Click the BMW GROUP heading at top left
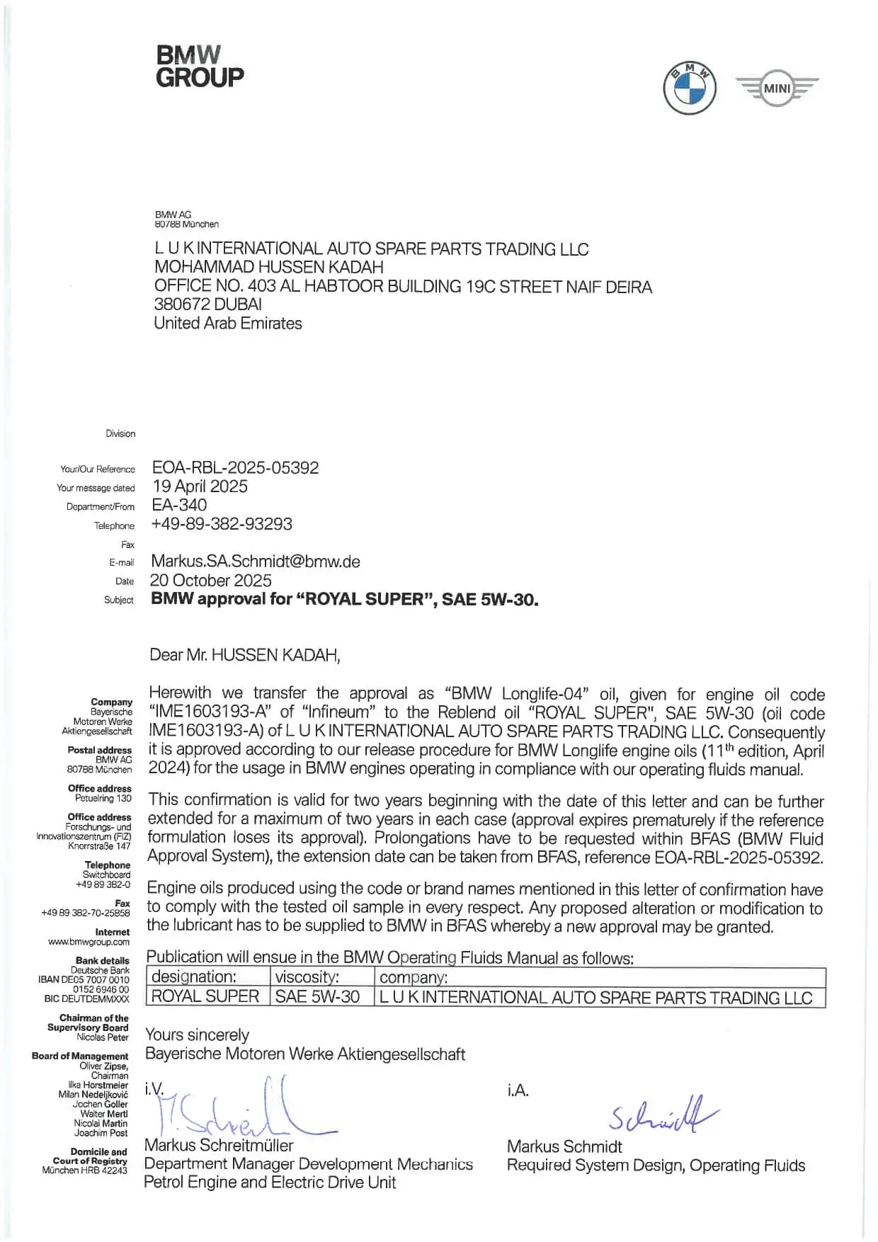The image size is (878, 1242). pos(200,67)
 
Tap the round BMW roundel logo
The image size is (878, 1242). pos(689,89)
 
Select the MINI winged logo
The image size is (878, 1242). pos(777,89)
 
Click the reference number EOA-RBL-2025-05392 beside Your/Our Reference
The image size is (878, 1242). pos(236,468)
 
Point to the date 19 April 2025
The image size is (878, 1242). pos(200,486)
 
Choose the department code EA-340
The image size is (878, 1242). pos(179,506)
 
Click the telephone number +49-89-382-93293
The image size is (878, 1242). pos(222,524)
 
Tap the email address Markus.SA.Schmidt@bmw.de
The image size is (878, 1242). pos(256,562)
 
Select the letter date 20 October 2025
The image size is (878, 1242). pos(211,581)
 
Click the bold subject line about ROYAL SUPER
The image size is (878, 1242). pos(345,599)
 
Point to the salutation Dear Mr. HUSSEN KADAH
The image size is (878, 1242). pos(245,655)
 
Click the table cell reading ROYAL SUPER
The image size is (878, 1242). pos(205,997)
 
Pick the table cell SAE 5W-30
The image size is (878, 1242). pos(317,997)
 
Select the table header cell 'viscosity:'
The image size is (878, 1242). pos(307,977)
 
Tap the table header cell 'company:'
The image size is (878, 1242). pos(414,978)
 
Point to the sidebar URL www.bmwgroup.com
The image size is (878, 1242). pos(89,942)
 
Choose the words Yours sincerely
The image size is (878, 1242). pos(197,1035)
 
